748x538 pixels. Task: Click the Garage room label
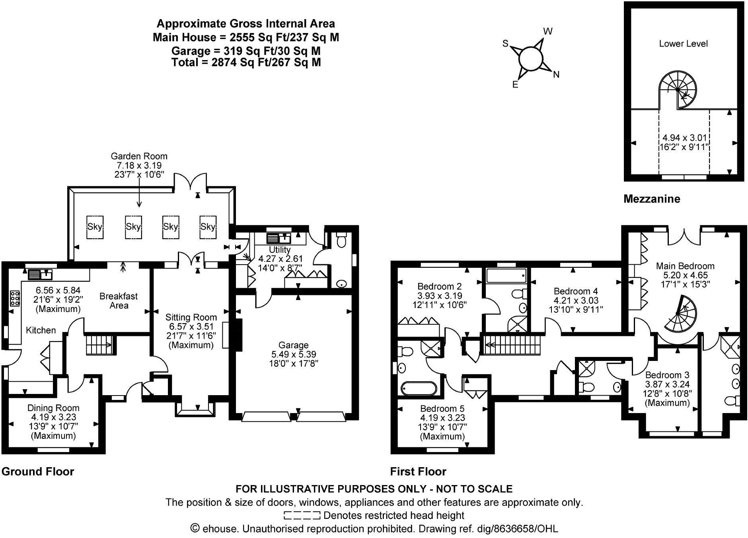(x=293, y=345)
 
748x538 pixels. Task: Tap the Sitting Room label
(x=191, y=318)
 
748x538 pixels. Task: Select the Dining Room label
(x=53, y=408)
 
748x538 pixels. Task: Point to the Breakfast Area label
(x=119, y=301)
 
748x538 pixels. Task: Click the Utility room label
(x=280, y=250)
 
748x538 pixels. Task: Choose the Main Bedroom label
(x=685, y=266)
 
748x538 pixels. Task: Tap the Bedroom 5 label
(x=442, y=409)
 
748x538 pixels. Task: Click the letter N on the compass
(x=556, y=74)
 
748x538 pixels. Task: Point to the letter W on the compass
(x=548, y=31)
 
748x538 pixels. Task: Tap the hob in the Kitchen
(x=15, y=298)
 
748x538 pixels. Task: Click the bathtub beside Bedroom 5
(x=419, y=388)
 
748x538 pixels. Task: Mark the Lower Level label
(x=683, y=44)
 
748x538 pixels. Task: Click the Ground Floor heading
(x=38, y=472)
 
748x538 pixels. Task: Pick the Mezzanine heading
(x=652, y=199)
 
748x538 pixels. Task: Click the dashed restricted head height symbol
(x=302, y=516)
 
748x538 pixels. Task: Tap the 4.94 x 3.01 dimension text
(x=684, y=138)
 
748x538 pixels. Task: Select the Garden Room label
(x=139, y=156)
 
